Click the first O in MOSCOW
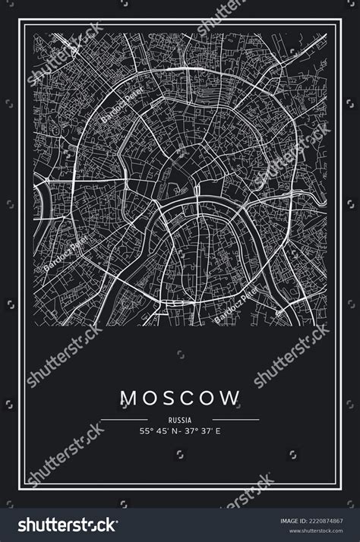[148, 397]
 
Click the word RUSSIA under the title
[180, 419]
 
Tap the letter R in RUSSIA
[171, 419]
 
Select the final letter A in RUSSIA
[190, 419]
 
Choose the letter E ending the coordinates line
[218, 432]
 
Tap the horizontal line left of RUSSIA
[124, 419]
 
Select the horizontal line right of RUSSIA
[235, 419]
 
